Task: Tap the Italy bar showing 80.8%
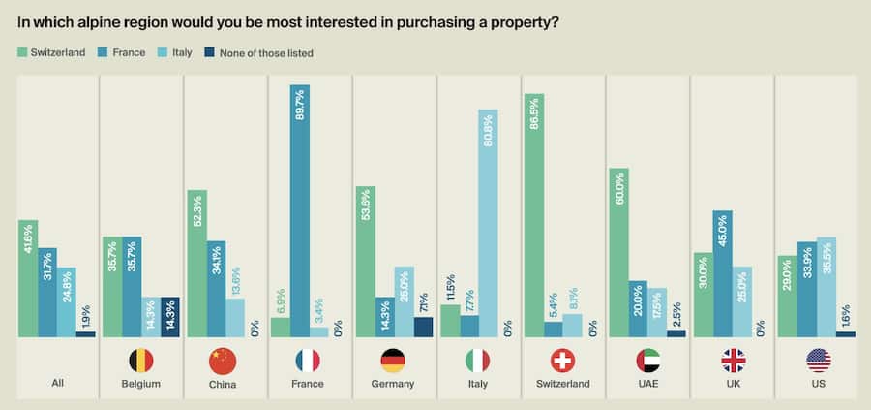pyautogui.click(x=488, y=223)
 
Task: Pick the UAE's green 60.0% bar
pyautogui.click(x=618, y=252)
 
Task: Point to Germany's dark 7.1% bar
pyautogui.click(x=423, y=327)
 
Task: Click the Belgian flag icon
pyautogui.click(x=140, y=362)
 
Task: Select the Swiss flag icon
pyautogui.click(x=562, y=362)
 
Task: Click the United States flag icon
pyautogui.click(x=819, y=362)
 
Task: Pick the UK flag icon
pyautogui.click(x=733, y=362)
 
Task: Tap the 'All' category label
pyautogui.click(x=58, y=384)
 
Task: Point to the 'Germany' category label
pyautogui.click(x=392, y=384)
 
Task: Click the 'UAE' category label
pyautogui.click(x=648, y=384)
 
